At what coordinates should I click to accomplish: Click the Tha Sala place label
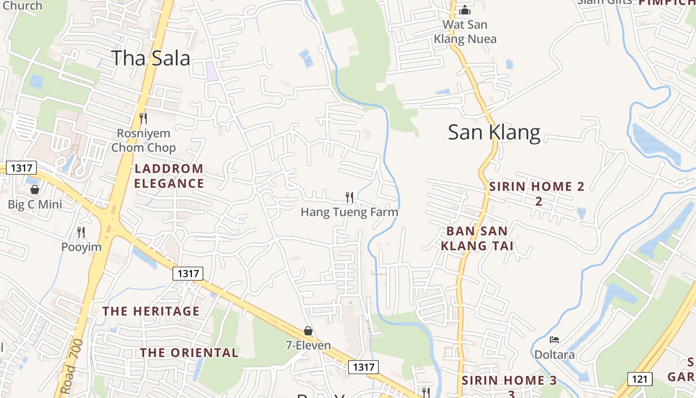pos(151,58)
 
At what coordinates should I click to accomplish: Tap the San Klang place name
pos(494,133)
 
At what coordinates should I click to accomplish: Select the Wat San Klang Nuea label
pos(465,31)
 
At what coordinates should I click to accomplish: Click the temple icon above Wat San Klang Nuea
pos(464,9)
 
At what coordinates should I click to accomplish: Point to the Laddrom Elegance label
pos(169,176)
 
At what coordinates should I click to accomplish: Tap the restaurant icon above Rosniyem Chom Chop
pos(143,118)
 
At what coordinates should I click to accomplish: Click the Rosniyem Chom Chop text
pos(143,140)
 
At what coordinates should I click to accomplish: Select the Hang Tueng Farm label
pos(349,212)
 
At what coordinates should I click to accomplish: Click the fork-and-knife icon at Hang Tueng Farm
pos(349,198)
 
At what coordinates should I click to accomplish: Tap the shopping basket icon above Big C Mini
pos(35,190)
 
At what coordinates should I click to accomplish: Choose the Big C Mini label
pos(35,204)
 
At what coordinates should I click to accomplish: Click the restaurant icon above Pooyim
pos(81,232)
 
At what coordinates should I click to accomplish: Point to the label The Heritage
pos(151,311)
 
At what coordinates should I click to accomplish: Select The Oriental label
pos(189,353)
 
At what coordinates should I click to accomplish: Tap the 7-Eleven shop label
pos(308,345)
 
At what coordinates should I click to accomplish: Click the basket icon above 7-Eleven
pos(308,331)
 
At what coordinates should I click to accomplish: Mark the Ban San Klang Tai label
pos(477,238)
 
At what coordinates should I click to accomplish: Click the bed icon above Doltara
pos(554,340)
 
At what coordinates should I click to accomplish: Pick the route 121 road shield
pos(640,379)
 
